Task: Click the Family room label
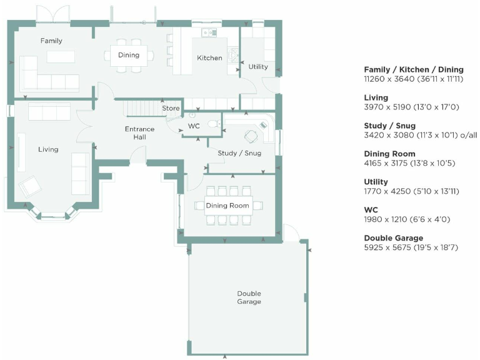(51, 41)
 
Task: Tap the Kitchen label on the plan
(209, 57)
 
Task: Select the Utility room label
(257, 67)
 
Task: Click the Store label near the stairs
(171, 109)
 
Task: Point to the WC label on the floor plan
(194, 127)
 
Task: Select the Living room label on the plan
(48, 149)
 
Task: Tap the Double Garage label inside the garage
(249, 297)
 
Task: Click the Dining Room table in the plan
(228, 206)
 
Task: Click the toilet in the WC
(213, 124)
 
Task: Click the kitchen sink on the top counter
(209, 32)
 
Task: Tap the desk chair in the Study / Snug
(251, 136)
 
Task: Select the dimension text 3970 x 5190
(411, 107)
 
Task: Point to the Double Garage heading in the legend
(393, 238)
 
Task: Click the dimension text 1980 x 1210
(407, 219)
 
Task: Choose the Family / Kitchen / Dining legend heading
(414, 69)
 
